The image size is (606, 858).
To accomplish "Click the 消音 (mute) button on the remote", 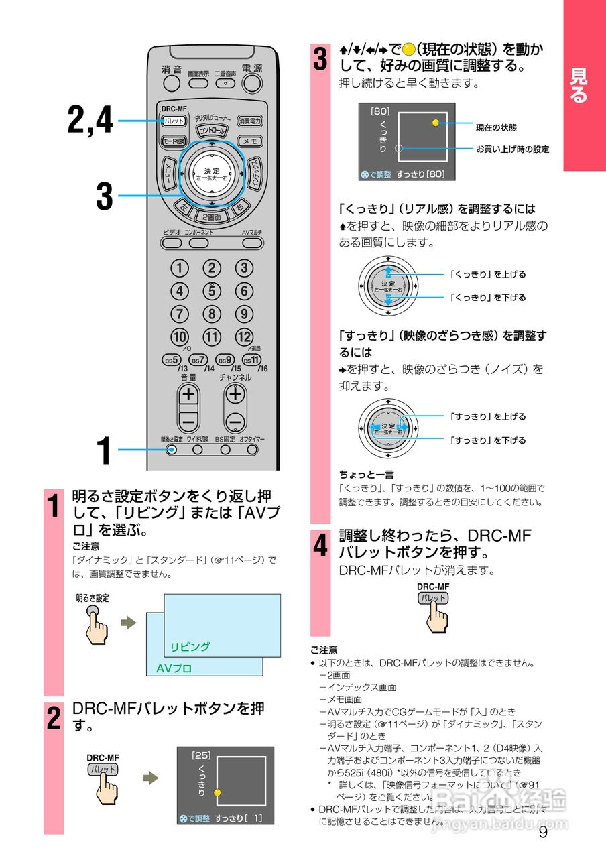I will [x=172, y=83].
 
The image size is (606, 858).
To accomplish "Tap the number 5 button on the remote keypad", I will [x=212, y=291].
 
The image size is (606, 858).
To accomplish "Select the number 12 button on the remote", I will [x=244, y=336].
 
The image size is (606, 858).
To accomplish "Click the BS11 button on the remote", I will [x=252, y=360].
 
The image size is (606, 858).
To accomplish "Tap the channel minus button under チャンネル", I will [x=235, y=422].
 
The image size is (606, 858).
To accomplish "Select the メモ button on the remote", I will [x=251, y=141].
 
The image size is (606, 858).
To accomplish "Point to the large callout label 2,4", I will [x=90, y=120].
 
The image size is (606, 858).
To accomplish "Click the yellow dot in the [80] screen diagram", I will [x=436, y=123].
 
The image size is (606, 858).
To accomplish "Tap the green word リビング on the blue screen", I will [x=190, y=647].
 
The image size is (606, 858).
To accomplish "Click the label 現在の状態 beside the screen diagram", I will [x=496, y=127].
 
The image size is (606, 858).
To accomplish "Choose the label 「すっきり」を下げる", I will [x=487, y=440].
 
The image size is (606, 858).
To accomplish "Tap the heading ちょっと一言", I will [x=366, y=474].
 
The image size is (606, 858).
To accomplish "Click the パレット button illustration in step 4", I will [x=433, y=598].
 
